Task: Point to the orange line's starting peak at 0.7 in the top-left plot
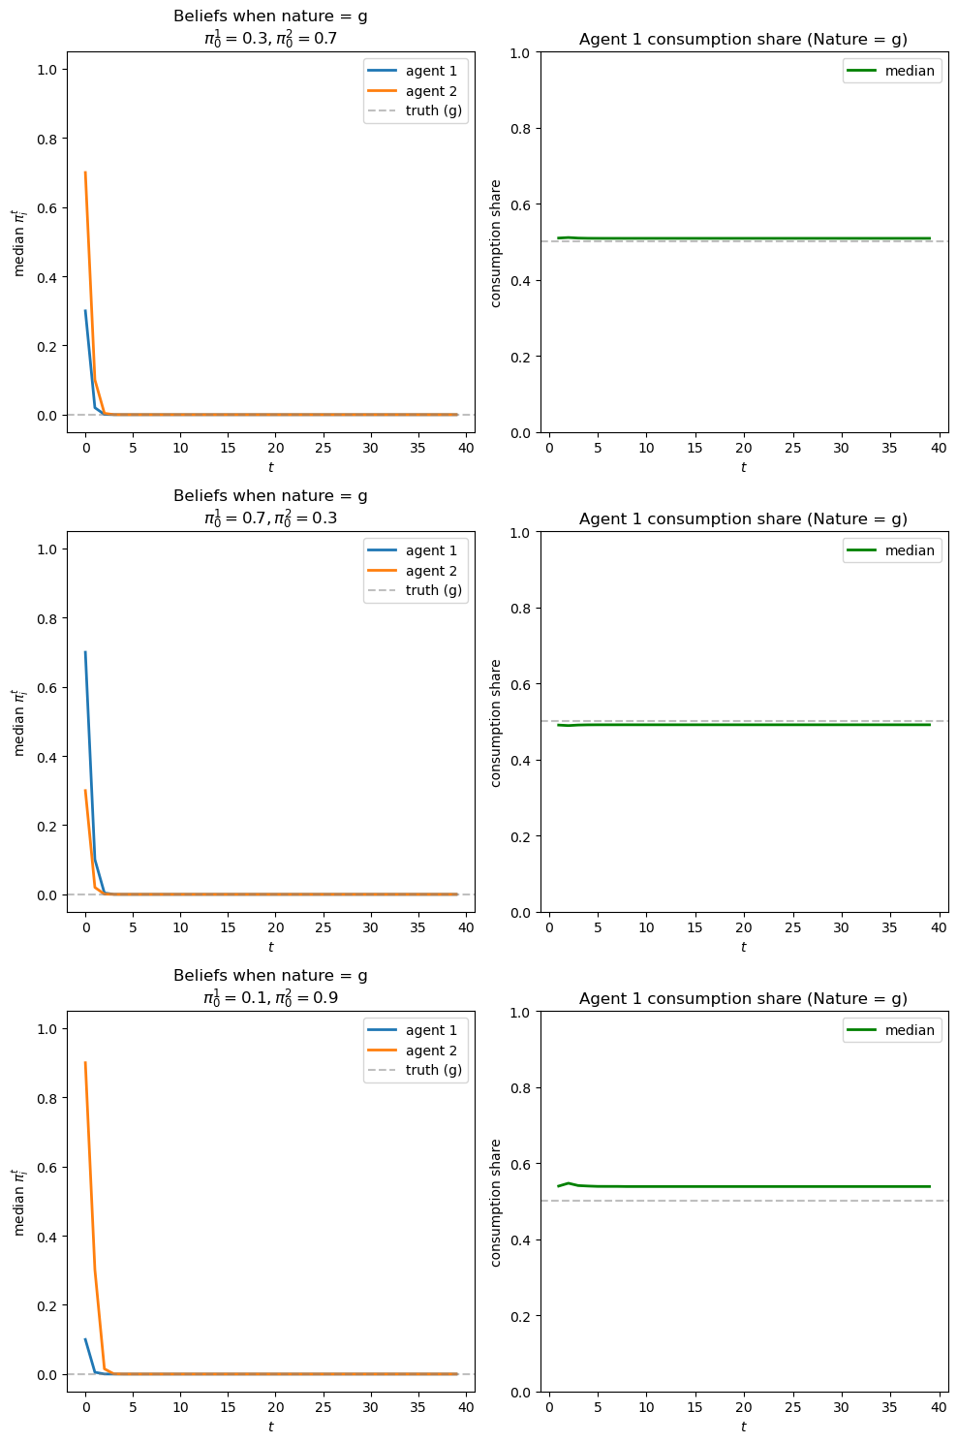(x=85, y=173)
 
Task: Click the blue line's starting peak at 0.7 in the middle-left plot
(x=85, y=652)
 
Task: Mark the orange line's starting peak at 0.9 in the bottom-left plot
(x=85, y=1063)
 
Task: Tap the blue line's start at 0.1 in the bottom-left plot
(x=85, y=1339)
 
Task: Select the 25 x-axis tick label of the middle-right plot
(x=792, y=928)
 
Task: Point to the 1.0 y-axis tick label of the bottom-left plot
(x=46, y=1029)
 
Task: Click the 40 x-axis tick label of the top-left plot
(x=466, y=449)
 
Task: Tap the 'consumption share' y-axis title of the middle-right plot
(x=496, y=722)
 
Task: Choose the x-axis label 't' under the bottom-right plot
(x=743, y=1427)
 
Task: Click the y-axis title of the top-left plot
(x=18, y=242)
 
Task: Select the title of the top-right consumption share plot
(x=743, y=40)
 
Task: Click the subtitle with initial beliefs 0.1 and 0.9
(x=270, y=997)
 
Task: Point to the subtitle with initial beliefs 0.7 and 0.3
(x=270, y=518)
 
